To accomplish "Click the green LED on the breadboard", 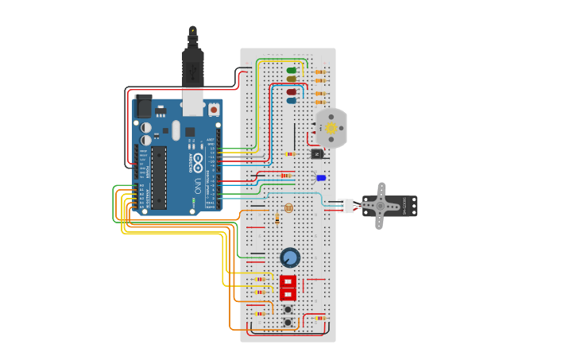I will (292, 70).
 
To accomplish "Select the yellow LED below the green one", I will (292, 79).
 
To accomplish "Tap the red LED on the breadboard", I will (292, 92).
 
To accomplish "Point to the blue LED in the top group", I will (292, 101).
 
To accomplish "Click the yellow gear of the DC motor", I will (331, 128).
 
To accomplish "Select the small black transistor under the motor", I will (317, 153).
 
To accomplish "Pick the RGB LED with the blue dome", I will (321, 178).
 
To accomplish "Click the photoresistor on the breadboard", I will (288, 208).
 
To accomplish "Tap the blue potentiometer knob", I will (290, 257).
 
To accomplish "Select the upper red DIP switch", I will (288, 281).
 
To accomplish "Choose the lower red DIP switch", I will (288, 295).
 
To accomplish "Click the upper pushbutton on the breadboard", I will (288, 309).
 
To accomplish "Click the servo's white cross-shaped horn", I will (381, 206).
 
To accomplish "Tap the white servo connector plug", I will (346, 206).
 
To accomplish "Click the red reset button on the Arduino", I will (214, 110).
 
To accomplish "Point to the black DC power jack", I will (143, 106).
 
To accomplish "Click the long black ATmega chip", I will (159, 177).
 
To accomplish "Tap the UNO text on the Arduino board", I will (197, 184).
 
